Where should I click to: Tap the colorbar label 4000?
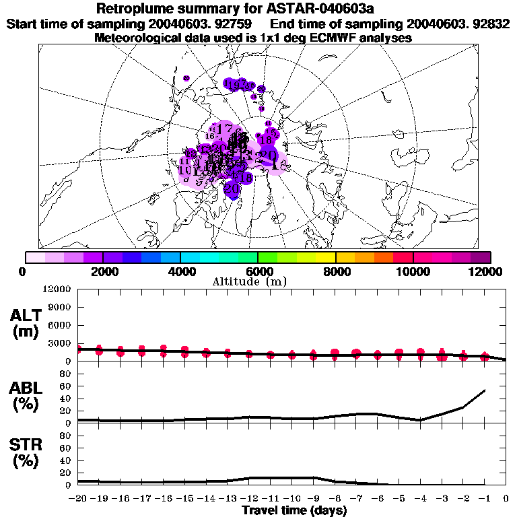(180, 271)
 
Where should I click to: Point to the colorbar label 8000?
(335, 271)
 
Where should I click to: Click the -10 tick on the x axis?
(291, 498)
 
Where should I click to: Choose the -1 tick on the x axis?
(485, 498)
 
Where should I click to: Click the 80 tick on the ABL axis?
(67, 374)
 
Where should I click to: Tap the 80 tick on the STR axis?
(67, 436)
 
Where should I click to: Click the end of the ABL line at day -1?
(485, 390)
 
